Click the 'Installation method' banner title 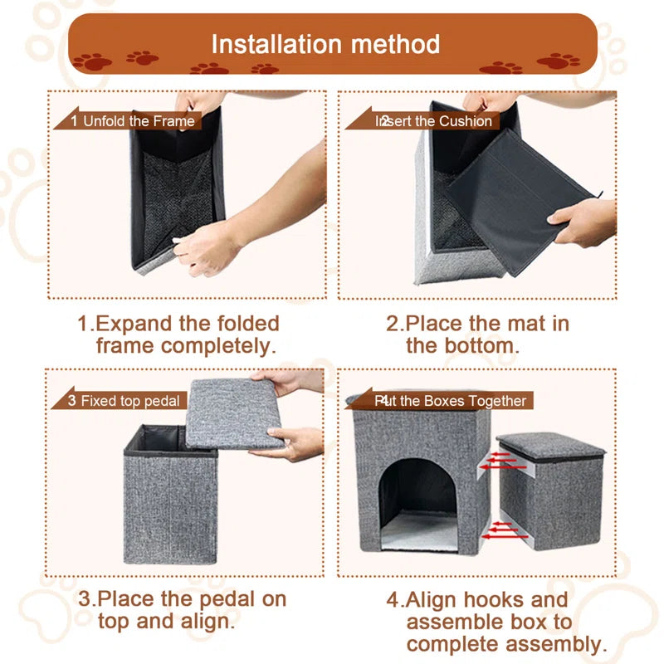pos(325,43)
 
